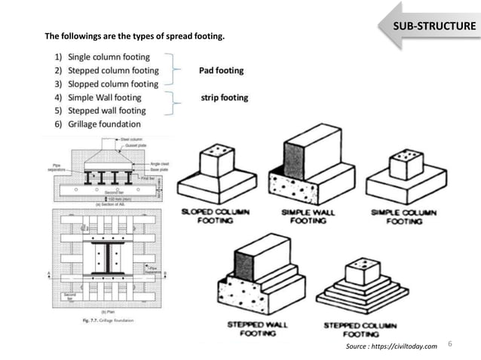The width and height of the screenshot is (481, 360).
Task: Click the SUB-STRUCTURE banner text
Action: tap(436, 28)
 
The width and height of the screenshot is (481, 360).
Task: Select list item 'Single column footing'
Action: tap(109, 56)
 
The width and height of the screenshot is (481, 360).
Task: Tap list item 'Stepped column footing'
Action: tap(113, 70)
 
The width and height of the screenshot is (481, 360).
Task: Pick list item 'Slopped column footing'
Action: tap(113, 84)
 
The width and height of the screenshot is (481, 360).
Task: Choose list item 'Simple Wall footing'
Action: tap(104, 97)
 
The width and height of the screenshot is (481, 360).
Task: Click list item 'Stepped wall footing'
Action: tap(107, 111)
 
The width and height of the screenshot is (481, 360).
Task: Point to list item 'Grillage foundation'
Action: tap(104, 124)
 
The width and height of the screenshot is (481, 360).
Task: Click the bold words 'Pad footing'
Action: tap(221, 71)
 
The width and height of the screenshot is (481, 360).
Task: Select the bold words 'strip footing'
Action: tap(224, 98)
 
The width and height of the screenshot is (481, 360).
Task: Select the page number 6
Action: tap(450, 343)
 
